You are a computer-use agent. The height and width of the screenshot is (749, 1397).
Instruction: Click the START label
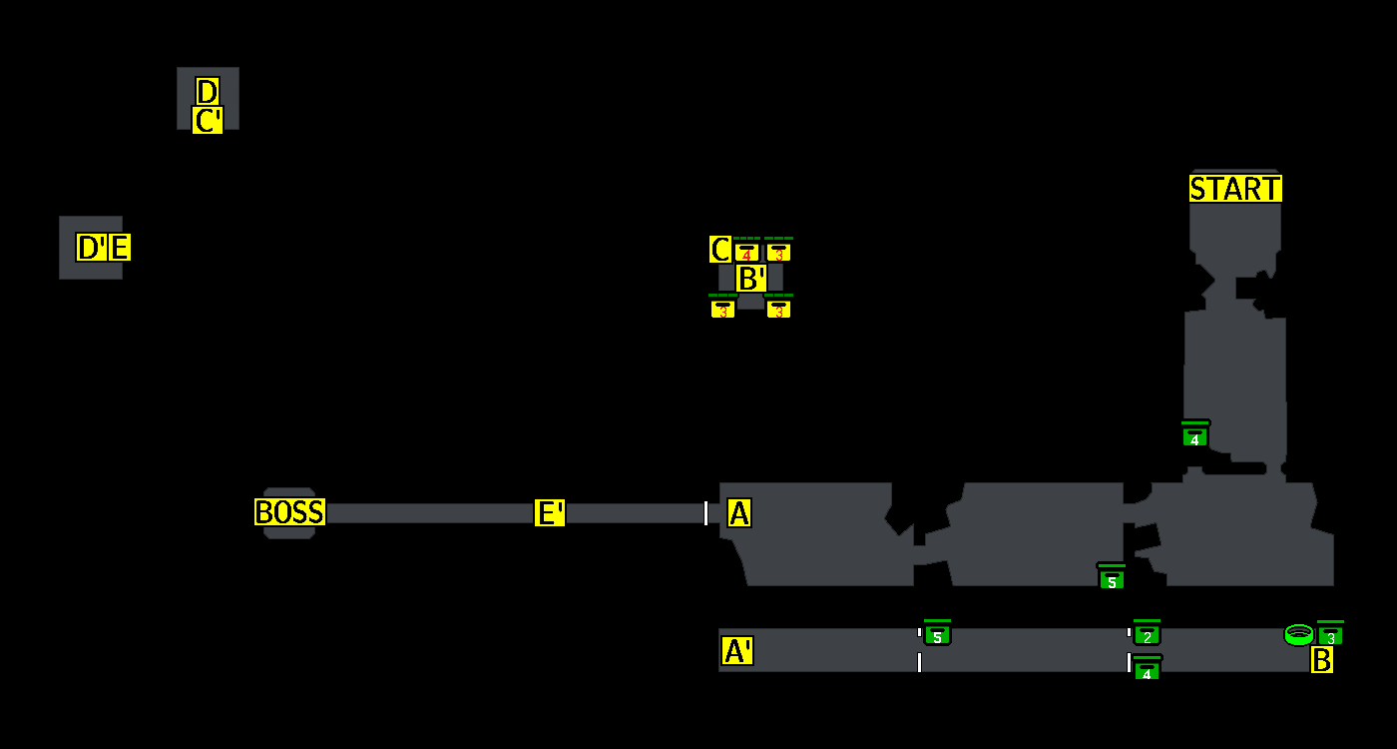(1235, 189)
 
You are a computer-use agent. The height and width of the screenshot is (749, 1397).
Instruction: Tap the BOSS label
(289, 512)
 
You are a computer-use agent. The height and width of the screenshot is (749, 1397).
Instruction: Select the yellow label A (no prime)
(738, 513)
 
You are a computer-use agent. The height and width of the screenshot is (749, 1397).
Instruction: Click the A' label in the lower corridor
(737, 651)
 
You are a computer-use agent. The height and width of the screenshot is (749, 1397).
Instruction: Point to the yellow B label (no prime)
(1321, 659)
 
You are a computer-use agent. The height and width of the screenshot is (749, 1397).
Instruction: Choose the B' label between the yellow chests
(751, 279)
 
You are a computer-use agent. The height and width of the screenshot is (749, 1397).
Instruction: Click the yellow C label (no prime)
(719, 249)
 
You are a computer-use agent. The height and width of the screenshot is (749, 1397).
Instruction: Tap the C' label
(208, 121)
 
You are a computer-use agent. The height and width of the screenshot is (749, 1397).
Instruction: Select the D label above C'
(207, 92)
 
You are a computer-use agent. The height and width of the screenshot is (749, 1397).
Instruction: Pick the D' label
(92, 247)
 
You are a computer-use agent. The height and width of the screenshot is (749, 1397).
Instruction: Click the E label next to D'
(119, 247)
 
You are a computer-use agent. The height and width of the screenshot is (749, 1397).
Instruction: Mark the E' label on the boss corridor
(550, 513)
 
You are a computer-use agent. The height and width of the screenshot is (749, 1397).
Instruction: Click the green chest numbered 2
(1147, 634)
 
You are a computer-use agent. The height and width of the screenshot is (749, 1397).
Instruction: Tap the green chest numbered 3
(1330, 635)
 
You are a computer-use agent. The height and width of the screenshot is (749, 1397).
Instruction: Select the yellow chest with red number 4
(746, 252)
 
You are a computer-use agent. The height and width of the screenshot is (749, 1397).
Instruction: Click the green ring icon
(1298, 634)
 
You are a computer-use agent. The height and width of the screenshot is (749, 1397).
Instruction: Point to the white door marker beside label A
(705, 513)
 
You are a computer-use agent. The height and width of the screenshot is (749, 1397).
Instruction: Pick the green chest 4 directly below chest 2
(1147, 669)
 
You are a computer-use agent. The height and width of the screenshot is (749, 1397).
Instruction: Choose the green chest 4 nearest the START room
(1194, 435)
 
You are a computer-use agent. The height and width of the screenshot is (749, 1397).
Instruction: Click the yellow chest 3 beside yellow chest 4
(778, 252)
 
